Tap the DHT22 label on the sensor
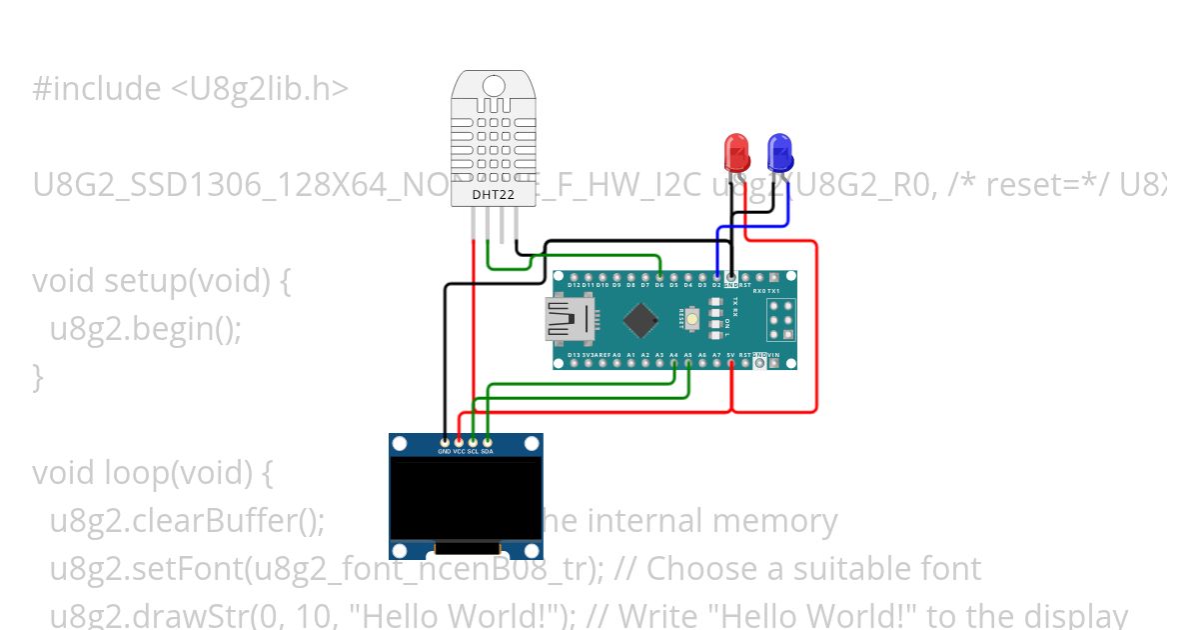(x=494, y=194)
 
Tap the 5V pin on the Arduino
(x=731, y=362)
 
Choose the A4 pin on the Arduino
(x=674, y=362)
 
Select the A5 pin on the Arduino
(x=688, y=362)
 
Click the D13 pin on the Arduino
(x=574, y=362)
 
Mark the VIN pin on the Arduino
(x=774, y=362)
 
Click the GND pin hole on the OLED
(x=445, y=441)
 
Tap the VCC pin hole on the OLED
(x=459, y=441)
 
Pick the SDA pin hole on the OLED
(x=487, y=441)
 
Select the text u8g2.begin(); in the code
(x=146, y=329)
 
